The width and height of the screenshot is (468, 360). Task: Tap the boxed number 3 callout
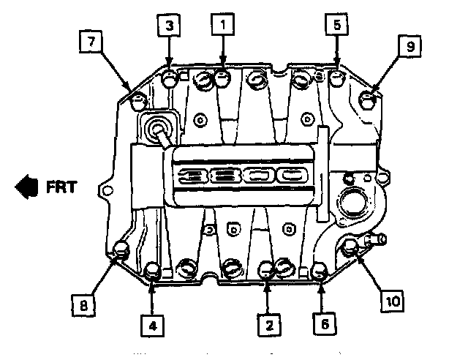point(169,26)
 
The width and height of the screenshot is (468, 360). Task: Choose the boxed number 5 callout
point(336,26)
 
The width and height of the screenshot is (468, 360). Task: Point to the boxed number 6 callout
point(322,322)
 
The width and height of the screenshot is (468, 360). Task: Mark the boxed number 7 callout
point(91,42)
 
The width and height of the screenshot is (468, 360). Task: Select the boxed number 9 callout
point(410,48)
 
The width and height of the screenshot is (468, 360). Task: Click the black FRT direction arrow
point(26,187)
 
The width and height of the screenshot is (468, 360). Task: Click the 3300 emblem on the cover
point(241,176)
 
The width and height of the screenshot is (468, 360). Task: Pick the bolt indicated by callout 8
point(121,251)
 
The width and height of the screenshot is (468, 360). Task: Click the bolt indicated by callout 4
point(154,271)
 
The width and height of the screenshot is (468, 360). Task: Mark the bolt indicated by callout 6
point(320,272)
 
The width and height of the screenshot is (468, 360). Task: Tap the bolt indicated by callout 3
point(170,78)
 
